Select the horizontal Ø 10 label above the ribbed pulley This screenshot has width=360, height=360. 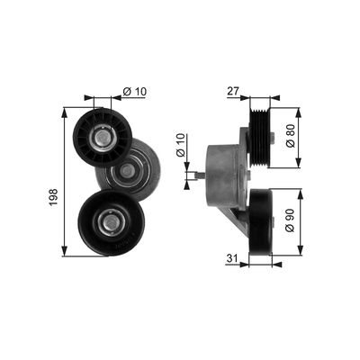click(134, 91)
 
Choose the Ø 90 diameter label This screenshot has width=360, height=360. click(290, 221)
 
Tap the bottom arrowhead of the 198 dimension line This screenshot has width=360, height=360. click(66, 253)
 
